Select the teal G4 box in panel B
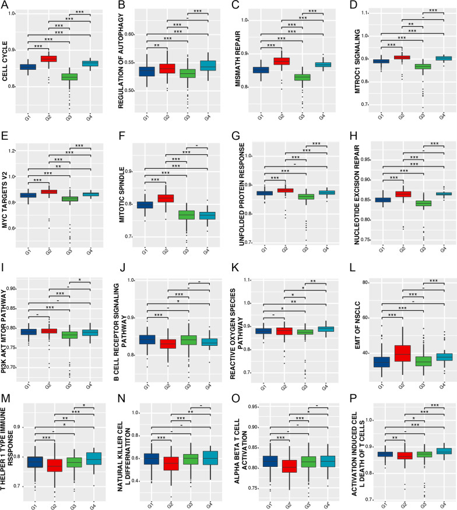pos(208,65)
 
